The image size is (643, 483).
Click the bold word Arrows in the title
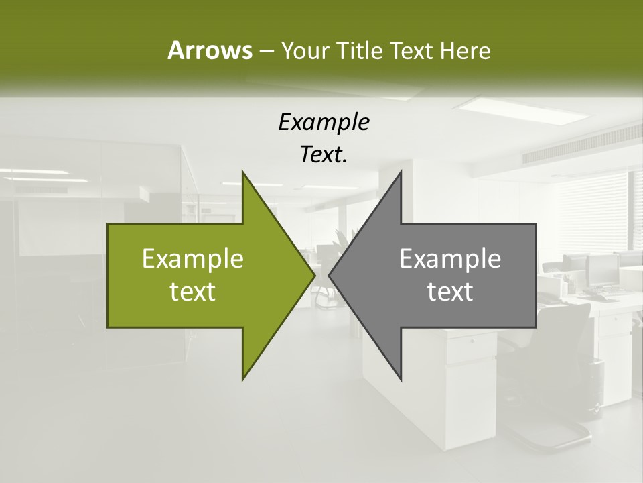(210, 50)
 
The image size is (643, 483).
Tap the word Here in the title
(465, 50)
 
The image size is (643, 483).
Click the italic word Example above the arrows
(324, 123)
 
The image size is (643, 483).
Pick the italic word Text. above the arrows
(324, 155)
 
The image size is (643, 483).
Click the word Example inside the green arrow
(193, 259)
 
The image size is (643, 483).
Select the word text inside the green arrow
(193, 292)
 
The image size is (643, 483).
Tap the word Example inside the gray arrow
(450, 259)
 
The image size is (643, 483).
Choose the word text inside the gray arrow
(450, 292)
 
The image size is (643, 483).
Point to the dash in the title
(266, 51)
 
